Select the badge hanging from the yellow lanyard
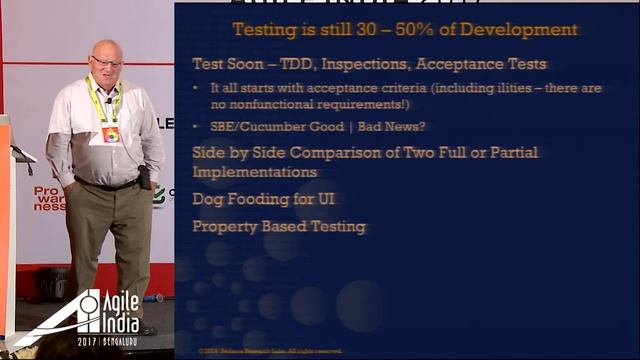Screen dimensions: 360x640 point(110,133)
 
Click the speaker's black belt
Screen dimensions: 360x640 point(106,184)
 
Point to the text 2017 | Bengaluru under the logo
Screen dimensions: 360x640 point(106,341)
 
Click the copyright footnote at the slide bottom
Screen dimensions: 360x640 point(270,351)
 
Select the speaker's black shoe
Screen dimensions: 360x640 point(146,329)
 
